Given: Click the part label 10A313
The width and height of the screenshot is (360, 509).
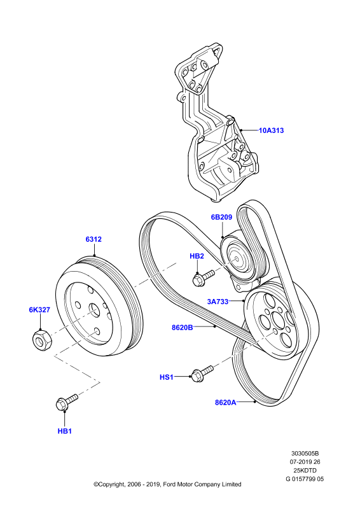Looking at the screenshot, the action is [x=271, y=130].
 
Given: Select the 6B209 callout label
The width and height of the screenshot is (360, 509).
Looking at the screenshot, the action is [x=222, y=217].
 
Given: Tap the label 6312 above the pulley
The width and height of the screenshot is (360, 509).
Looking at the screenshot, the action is [x=93, y=239].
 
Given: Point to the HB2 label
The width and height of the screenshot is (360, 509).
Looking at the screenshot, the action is [x=197, y=256].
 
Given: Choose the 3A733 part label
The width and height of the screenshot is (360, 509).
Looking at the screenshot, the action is [x=218, y=302].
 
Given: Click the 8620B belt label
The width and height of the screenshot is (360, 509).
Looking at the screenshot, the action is [x=183, y=328].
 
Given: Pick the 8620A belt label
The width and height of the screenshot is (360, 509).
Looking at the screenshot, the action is [x=226, y=403].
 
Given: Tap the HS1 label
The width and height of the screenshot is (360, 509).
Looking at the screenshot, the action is [x=167, y=377].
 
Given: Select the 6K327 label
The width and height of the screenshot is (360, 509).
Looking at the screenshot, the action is [x=39, y=310].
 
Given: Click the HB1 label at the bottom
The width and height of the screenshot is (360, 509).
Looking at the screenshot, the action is [x=65, y=431].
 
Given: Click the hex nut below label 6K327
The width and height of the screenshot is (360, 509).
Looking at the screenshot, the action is [x=42, y=340].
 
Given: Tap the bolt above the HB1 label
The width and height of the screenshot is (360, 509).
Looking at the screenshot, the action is [x=67, y=402].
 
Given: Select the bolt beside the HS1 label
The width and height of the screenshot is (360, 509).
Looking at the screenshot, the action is [x=202, y=373].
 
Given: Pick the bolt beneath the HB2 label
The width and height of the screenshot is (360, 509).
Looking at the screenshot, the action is [x=204, y=278].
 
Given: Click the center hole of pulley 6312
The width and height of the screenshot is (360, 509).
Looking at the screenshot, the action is [x=94, y=310].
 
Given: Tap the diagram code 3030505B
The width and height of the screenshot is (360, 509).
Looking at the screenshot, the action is [x=305, y=453].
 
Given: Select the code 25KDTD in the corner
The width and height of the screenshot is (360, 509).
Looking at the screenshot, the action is [x=305, y=470].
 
